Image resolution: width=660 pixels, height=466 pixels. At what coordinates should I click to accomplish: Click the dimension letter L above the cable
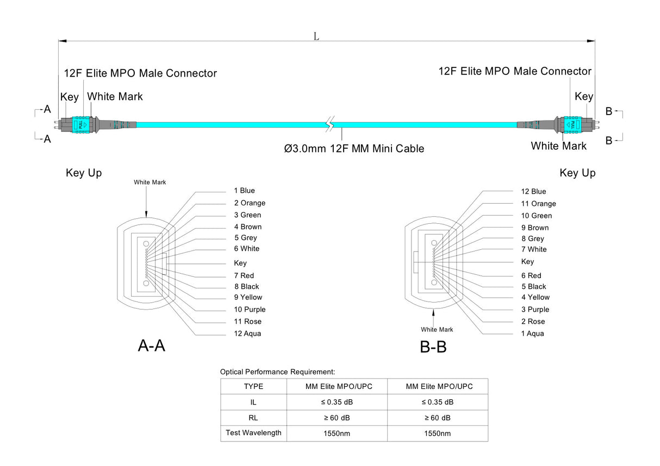[316, 36]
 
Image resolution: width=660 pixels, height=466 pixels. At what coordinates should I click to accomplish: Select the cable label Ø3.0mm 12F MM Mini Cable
[354, 148]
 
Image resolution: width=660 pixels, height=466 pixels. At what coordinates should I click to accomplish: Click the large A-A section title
[151, 345]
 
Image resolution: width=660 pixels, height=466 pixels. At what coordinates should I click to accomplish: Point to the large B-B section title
[433, 347]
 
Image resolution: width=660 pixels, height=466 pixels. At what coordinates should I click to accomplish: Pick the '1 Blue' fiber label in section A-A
[244, 191]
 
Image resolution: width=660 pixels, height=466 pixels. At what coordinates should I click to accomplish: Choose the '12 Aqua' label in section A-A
[247, 333]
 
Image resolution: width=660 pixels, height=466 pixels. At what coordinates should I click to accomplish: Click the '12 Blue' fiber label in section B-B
[533, 191]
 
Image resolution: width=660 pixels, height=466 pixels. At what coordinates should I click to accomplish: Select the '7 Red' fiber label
[244, 275]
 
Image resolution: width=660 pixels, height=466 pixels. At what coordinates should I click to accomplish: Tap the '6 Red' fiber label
[531, 275]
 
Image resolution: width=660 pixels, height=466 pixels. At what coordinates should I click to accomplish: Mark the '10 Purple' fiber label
[250, 310]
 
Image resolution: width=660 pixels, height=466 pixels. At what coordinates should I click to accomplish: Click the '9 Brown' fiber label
[535, 228]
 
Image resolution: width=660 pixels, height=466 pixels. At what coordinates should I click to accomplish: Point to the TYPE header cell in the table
[253, 387]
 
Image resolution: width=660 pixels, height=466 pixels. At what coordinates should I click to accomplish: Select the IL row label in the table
[253, 402]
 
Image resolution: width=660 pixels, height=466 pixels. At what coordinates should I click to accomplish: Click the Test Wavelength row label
[253, 433]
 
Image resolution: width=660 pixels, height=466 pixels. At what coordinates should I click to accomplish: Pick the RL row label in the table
[253, 418]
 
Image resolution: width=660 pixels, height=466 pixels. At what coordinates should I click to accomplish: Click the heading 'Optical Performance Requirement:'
[277, 372]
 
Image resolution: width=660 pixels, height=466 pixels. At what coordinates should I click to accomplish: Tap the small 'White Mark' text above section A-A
[150, 182]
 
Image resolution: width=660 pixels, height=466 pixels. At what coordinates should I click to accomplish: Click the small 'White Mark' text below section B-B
[437, 330]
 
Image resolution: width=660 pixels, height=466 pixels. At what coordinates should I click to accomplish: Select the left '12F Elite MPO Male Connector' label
[140, 73]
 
